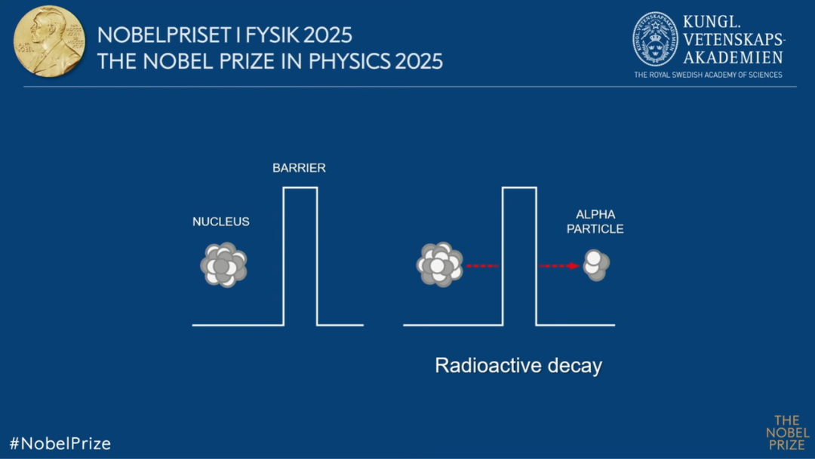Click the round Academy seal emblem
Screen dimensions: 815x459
[x=655, y=39]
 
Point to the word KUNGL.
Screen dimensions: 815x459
[x=711, y=22]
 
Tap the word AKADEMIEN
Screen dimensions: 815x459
[x=733, y=57]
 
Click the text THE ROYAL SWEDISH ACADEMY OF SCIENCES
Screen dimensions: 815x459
[x=708, y=75]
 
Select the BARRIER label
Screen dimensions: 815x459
[x=300, y=168]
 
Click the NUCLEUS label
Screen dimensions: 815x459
[x=221, y=222]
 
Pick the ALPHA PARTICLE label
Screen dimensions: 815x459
[x=595, y=222]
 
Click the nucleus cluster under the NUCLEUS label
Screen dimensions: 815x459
[x=223, y=265]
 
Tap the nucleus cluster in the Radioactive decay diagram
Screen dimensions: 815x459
[x=440, y=265]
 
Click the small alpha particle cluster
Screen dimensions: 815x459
[x=596, y=265]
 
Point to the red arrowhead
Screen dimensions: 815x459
[x=574, y=266]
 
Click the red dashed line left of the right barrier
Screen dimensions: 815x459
[x=482, y=266]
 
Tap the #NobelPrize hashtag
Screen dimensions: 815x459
[x=60, y=443]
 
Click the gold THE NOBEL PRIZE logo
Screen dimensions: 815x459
[x=787, y=433]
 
